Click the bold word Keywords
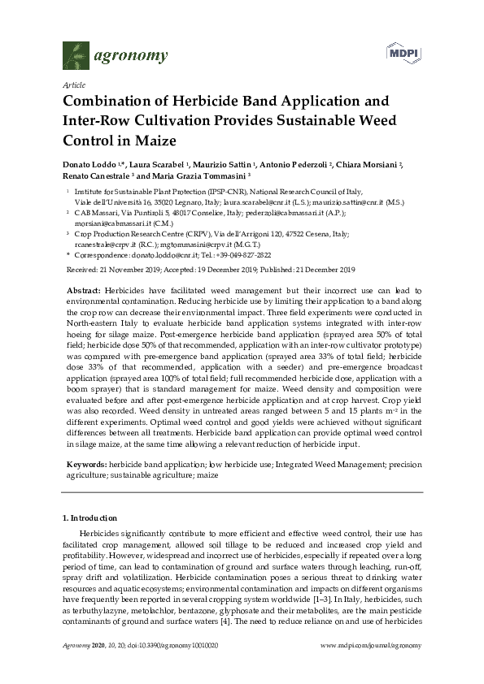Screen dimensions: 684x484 coord(86,463)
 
